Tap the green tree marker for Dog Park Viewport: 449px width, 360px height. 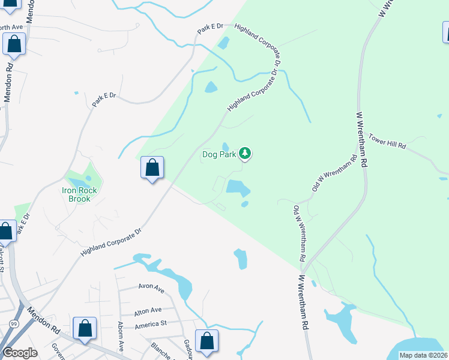click(x=245, y=154)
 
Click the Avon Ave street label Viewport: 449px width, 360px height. click(x=151, y=289)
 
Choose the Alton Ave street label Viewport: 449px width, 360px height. click(x=148, y=310)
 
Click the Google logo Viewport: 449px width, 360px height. click(x=20, y=352)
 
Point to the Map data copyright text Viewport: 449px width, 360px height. click(x=423, y=355)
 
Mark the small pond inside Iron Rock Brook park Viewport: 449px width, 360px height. click(x=88, y=178)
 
